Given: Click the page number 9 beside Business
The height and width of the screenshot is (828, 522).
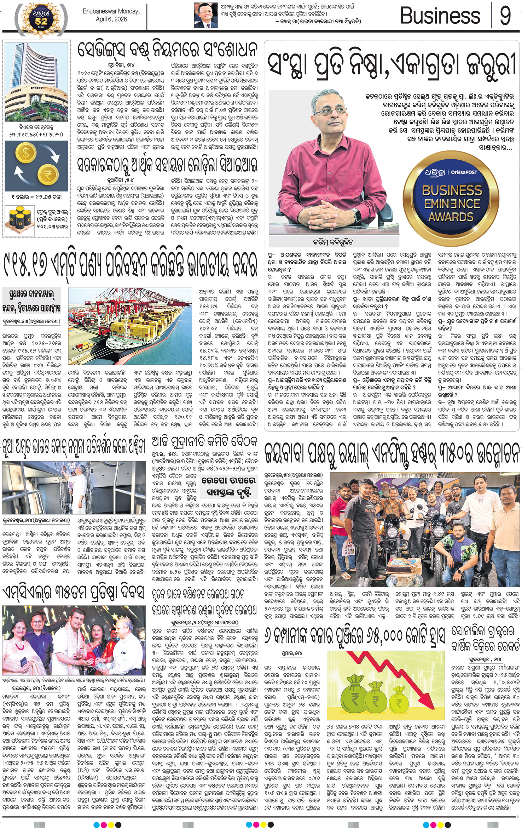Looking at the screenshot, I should (505, 16).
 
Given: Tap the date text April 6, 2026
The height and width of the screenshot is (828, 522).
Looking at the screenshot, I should (111, 19).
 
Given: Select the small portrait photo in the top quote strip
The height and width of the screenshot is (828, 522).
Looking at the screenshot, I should (206, 15).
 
